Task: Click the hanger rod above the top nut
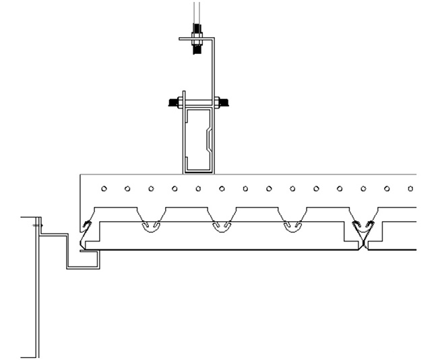(196, 12)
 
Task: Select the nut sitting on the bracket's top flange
(197, 30)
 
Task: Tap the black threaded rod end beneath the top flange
(197, 48)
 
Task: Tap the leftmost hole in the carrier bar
(104, 189)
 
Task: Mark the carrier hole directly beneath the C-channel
(198, 189)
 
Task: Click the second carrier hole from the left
(127, 189)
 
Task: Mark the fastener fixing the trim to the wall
(38, 225)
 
